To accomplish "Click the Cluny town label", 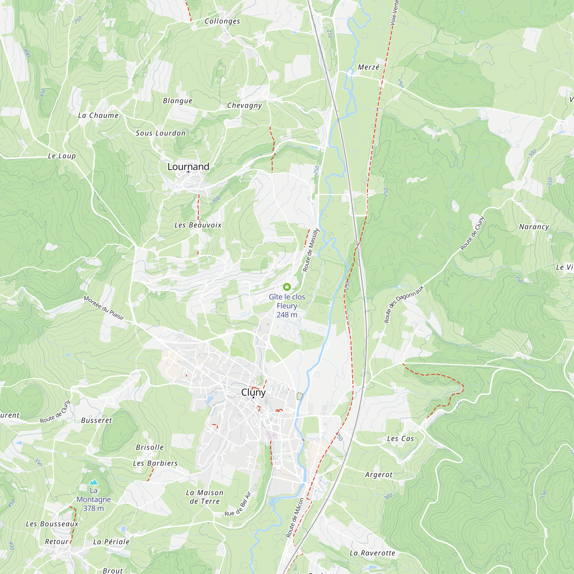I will point(253,392).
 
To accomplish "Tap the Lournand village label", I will point(188,167).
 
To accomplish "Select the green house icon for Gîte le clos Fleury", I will point(287,287).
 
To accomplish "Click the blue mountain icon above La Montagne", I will point(94,482).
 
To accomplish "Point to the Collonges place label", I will point(222,21).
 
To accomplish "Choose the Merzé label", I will point(369,67).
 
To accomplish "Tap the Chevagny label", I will point(245,105).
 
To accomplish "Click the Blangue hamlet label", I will point(178,101).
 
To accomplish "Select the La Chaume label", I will point(98,115).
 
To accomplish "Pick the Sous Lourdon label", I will point(160,133).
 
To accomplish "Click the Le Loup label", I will point(62,156).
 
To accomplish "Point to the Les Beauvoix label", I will point(198,225).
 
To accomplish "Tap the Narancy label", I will point(534,227).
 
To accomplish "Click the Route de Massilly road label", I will point(311,250).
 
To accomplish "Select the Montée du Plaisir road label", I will point(104,308).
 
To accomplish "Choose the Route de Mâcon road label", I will point(295,517).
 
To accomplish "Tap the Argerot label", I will point(379,475).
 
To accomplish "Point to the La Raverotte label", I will point(372,553).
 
